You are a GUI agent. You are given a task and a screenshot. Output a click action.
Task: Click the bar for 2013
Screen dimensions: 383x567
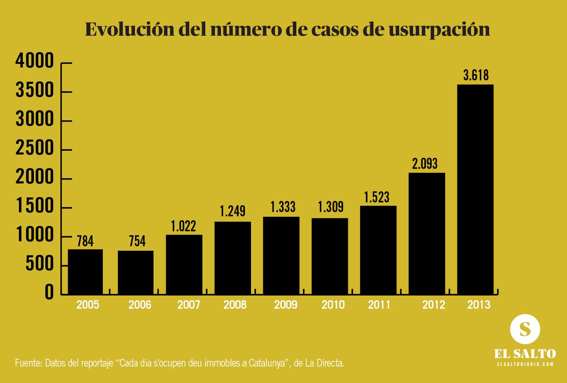[475, 189]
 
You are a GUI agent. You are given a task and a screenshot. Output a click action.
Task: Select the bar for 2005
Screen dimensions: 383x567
[85, 272]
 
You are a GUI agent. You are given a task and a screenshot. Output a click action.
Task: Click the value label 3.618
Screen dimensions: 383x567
[476, 76]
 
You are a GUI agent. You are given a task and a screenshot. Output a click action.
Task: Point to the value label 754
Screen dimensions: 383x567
[137, 241]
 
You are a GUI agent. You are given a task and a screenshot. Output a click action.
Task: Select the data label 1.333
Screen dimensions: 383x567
[283, 207]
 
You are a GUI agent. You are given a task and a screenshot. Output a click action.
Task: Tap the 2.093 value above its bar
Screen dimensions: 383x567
[425, 164]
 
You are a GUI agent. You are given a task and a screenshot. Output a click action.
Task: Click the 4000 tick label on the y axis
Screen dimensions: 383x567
[34, 61]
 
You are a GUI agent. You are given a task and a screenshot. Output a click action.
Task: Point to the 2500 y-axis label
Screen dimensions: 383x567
[34, 148]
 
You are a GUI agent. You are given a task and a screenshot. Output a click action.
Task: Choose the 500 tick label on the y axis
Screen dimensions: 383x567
[40, 264]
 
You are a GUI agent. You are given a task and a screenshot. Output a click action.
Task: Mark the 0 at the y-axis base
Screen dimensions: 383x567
[49, 293]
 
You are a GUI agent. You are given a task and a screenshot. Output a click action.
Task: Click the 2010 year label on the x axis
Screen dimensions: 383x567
[333, 305]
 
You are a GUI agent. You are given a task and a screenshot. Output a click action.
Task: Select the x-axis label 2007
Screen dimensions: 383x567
[189, 305]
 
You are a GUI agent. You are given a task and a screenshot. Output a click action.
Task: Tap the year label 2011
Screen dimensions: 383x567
[379, 305]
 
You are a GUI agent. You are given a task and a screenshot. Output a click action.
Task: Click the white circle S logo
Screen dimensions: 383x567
[525, 329]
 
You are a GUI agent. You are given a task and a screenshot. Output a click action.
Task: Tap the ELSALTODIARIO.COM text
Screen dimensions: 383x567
[525, 364]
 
